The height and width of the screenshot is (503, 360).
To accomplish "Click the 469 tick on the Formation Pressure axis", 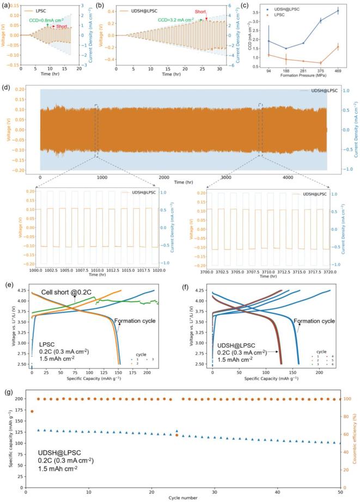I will (x=338, y=70).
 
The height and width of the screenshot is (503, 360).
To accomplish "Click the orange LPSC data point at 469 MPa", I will (x=338, y=47).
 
